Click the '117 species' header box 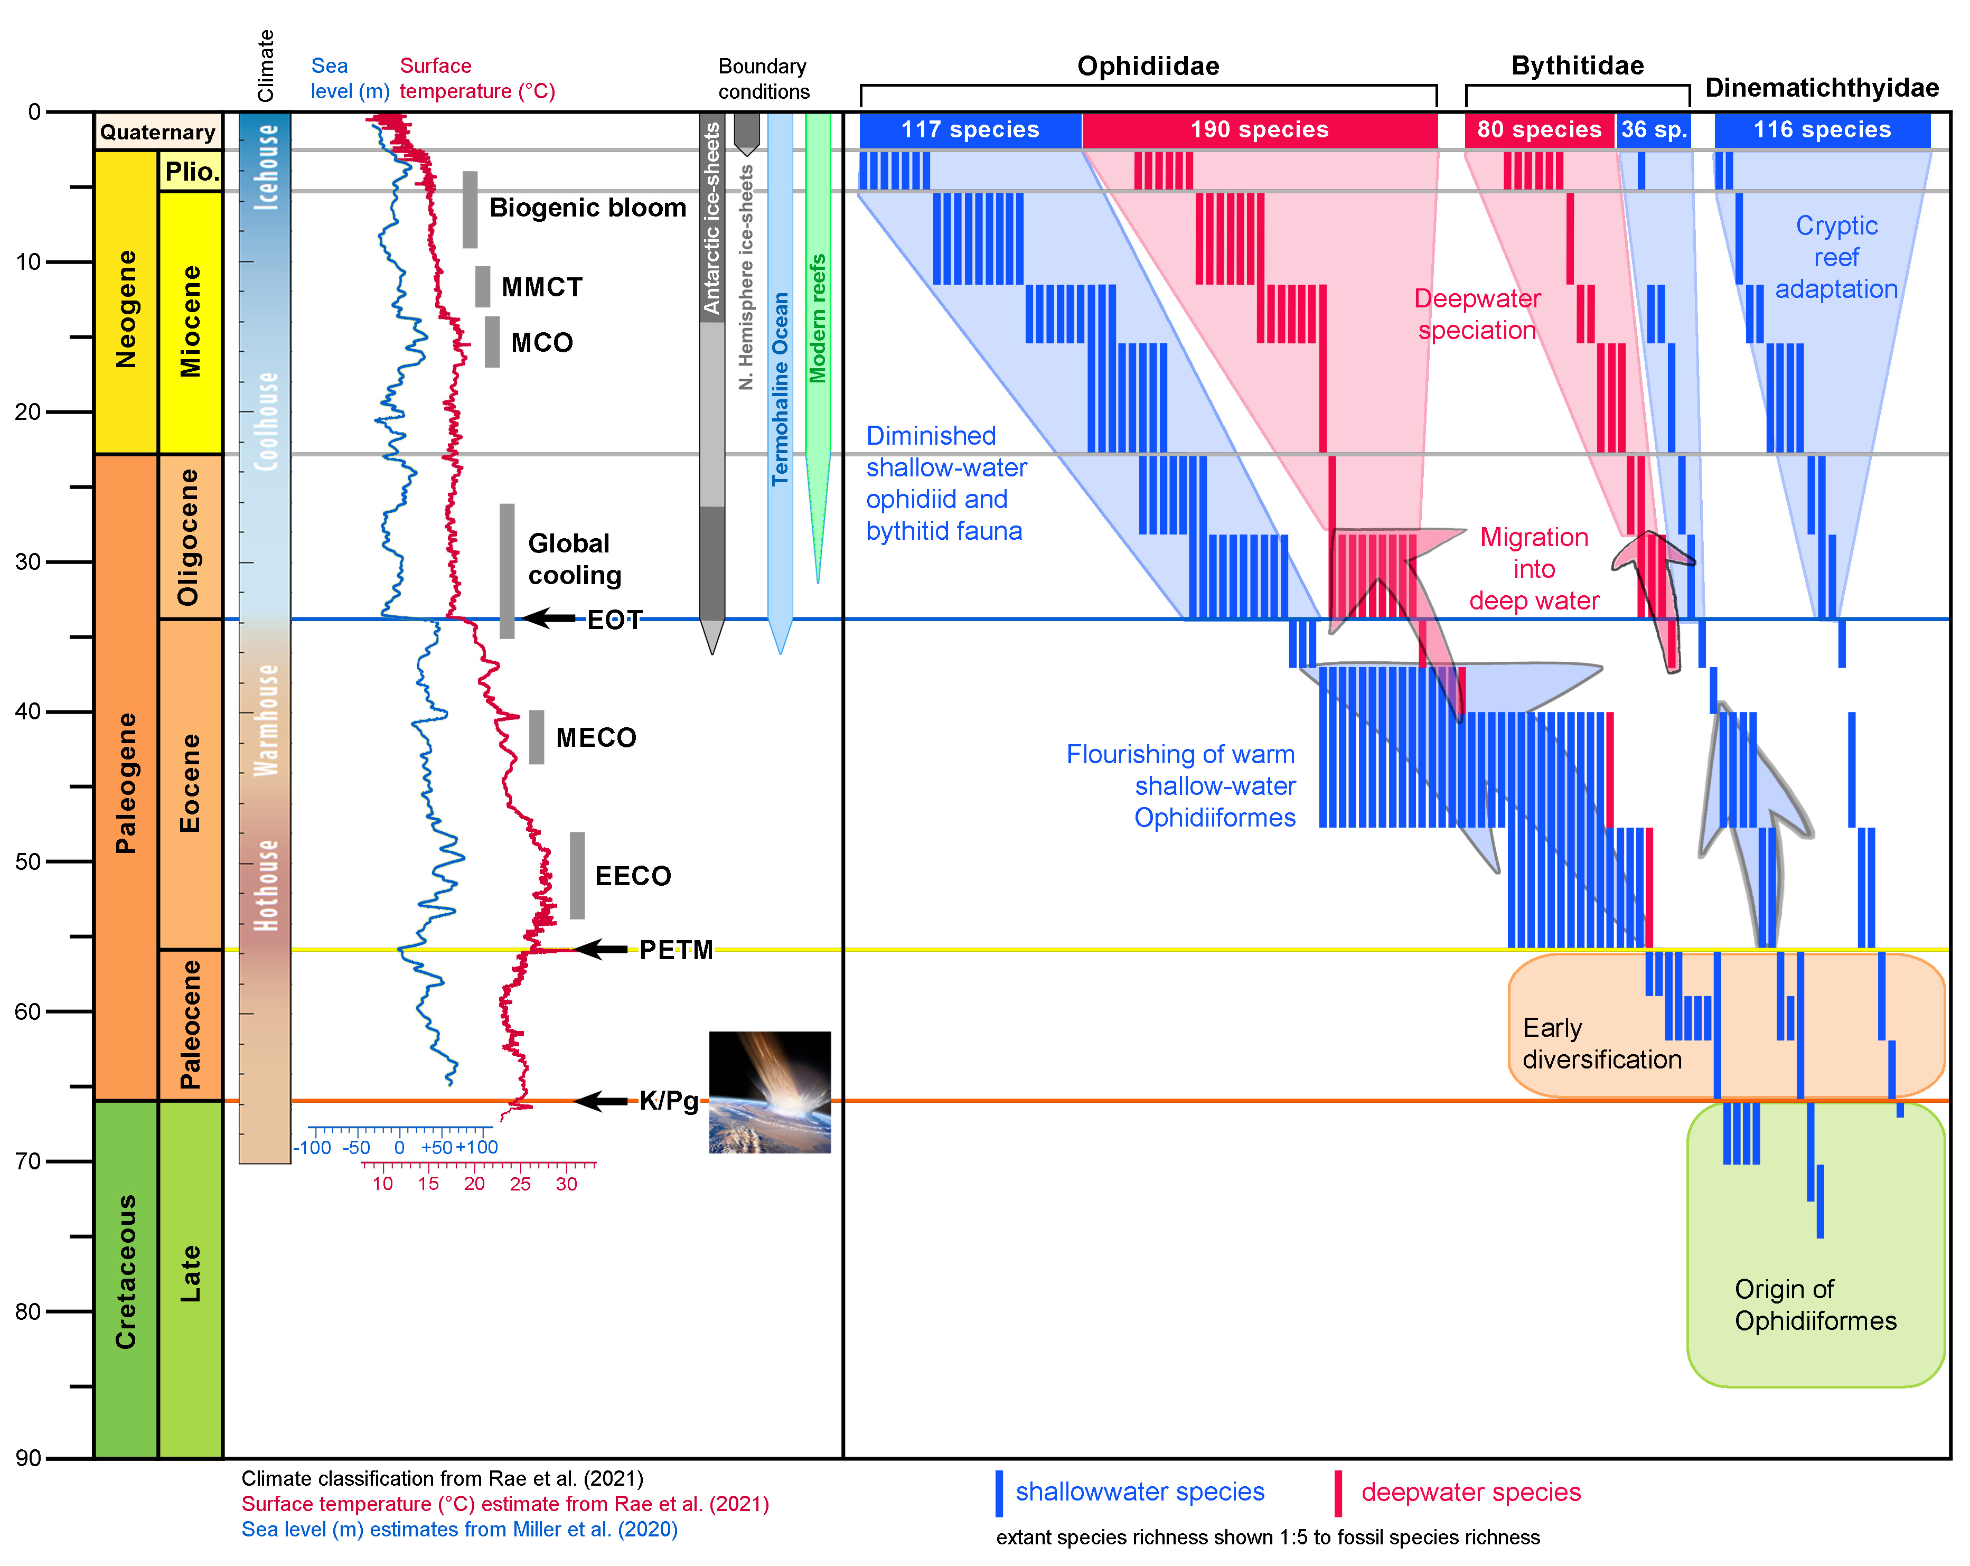click(970, 130)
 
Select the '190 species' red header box click(1259, 130)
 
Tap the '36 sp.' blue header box click(1653, 130)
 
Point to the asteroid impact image click(770, 1092)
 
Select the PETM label click(676, 950)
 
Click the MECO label click(596, 737)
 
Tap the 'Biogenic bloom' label click(587, 208)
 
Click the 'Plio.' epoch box click(191, 171)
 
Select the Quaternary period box click(158, 132)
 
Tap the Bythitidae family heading click(1577, 66)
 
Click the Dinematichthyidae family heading click(1822, 88)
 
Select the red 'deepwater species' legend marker click(1339, 1493)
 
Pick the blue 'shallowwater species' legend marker click(1000, 1493)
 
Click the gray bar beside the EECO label click(577, 875)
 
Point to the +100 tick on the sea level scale click(477, 1148)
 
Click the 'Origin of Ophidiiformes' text click(1816, 1305)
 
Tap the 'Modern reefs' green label click(818, 318)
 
